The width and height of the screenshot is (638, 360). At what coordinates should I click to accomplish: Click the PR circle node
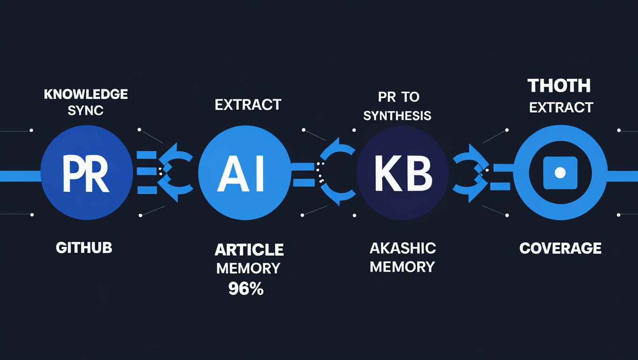[85, 173]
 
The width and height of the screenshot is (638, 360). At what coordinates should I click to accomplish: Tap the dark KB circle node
[403, 173]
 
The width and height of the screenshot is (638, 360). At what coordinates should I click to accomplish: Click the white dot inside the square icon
[560, 173]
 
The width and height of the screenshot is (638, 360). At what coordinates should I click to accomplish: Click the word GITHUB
[84, 247]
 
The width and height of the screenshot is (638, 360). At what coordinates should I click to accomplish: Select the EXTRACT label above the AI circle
[248, 105]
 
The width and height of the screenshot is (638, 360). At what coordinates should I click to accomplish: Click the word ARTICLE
[249, 250]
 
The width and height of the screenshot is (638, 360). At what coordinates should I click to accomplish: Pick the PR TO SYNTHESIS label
[397, 106]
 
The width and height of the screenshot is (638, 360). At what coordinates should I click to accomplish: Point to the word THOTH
[559, 86]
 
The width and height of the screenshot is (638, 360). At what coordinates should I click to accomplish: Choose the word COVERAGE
[561, 248]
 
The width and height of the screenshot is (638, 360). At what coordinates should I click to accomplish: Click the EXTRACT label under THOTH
[561, 107]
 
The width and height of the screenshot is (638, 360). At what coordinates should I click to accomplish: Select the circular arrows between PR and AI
[175, 173]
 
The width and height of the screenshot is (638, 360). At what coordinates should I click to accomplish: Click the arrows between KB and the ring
[471, 173]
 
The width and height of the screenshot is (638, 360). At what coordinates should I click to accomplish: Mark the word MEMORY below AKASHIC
[402, 267]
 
